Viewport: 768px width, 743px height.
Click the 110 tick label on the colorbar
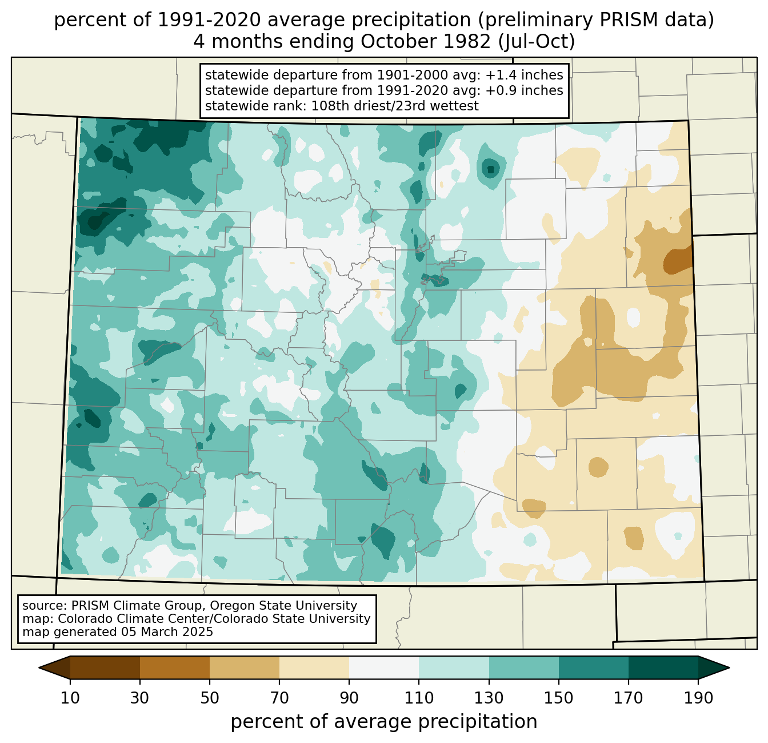coord(419,698)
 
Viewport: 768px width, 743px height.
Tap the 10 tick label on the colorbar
coord(70,698)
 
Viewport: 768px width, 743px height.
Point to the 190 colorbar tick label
coord(698,698)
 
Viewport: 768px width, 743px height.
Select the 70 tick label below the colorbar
coord(279,698)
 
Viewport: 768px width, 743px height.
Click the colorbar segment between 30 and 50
coord(175,667)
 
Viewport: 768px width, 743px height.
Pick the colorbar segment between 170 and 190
coord(663,667)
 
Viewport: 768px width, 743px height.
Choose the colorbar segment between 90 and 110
coord(384,667)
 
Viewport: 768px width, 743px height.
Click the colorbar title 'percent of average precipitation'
coord(384,722)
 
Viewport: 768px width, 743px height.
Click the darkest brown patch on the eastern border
coord(678,261)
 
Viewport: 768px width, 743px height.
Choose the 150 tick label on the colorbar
coord(559,698)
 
